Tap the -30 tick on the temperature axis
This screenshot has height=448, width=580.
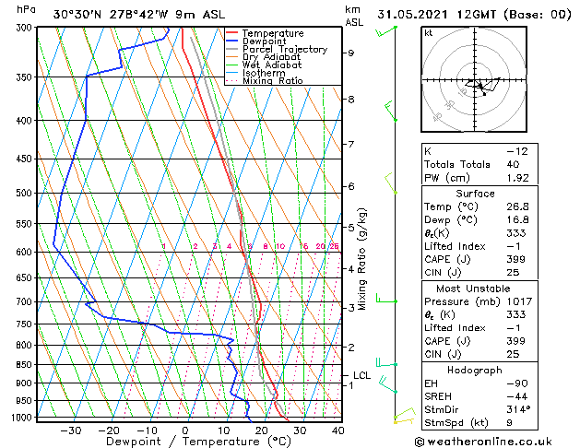(70, 430)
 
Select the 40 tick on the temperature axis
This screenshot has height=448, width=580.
(337, 430)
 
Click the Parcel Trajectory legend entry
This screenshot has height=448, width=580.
(284, 50)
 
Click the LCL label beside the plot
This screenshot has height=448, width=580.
(361, 375)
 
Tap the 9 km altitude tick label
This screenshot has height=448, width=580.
(351, 53)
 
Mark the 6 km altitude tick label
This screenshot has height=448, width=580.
(351, 186)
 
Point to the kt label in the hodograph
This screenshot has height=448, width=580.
(429, 32)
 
